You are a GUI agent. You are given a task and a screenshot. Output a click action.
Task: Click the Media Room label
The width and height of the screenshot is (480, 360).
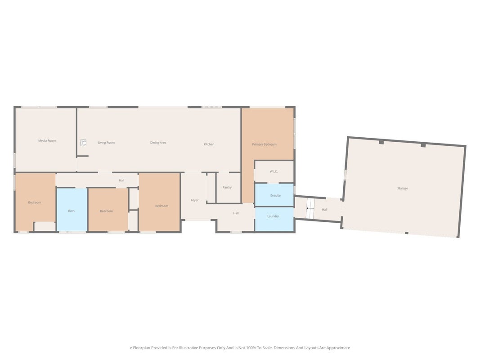point(47,141)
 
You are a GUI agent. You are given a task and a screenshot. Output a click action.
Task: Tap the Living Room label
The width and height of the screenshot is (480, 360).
point(106,143)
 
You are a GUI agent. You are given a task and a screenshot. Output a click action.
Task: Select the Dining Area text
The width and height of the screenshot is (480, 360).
point(158,143)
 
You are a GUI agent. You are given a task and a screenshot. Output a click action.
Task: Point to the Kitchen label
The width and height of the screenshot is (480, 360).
point(209,144)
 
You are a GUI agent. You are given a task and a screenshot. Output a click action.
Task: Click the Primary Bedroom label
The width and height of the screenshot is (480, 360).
point(264,144)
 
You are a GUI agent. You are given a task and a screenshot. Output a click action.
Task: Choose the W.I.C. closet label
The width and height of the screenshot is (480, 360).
point(274,171)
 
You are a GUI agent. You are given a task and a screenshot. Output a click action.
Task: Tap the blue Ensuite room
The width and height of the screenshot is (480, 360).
point(274,195)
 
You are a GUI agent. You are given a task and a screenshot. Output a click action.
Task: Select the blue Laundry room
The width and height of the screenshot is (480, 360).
point(274,219)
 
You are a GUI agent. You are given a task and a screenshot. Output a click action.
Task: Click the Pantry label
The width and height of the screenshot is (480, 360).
point(227,187)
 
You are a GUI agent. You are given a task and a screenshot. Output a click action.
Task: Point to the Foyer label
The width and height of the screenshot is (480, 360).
point(194,200)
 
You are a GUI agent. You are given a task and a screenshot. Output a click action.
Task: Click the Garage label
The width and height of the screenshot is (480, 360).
point(403,188)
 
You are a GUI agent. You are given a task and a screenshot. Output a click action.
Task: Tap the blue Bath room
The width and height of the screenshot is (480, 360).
point(72,209)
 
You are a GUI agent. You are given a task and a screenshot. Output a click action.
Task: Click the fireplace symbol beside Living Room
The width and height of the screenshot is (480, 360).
point(83,143)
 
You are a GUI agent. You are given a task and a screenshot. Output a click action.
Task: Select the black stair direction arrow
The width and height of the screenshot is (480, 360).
point(310,208)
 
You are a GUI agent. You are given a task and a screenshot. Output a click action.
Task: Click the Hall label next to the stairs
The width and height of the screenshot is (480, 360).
point(324,210)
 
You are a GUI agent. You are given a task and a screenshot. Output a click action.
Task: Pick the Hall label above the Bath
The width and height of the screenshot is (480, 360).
point(121,180)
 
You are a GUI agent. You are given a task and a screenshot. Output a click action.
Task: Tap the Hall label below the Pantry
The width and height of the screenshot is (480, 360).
point(236,213)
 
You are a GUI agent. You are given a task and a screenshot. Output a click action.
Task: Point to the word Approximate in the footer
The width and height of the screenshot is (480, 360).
point(338,348)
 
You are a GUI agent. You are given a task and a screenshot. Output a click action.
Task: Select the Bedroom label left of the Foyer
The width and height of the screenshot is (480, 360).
point(161,206)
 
